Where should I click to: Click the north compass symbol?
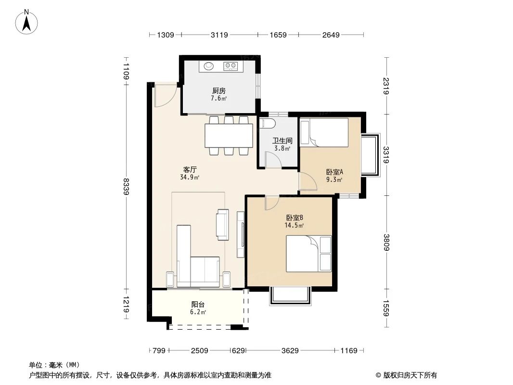[27, 21]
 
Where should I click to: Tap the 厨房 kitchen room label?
[218, 90]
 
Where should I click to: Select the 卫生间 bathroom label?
[282, 141]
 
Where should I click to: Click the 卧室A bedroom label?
[334, 172]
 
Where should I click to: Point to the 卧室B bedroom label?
[294, 217]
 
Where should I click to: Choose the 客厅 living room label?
[190, 169]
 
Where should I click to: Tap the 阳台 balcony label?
[198, 304]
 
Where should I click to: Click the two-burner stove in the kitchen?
[231, 66]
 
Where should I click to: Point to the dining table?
[229, 136]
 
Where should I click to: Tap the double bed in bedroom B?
[308, 254]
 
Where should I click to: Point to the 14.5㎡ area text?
[294, 225]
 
